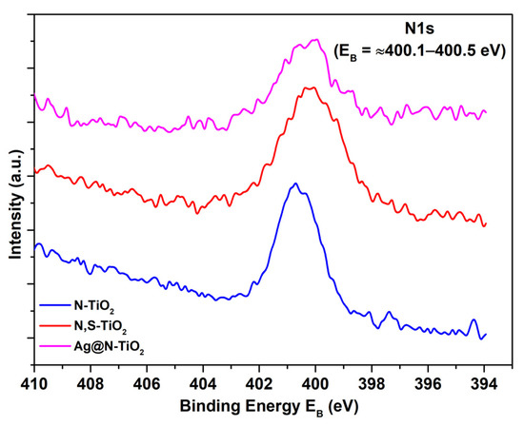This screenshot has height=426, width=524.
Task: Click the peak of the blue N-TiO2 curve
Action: pyautogui.click(x=296, y=184)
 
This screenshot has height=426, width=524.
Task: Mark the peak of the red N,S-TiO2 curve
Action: pyautogui.click(x=308, y=87)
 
